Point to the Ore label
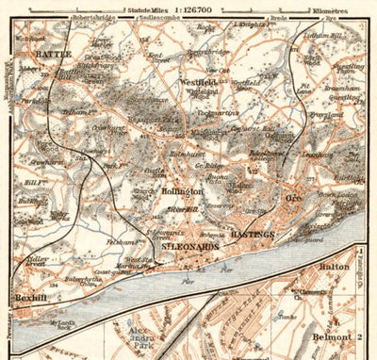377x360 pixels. click(292, 200)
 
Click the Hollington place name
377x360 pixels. click(182, 191)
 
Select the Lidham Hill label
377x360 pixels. click(347, 34)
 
